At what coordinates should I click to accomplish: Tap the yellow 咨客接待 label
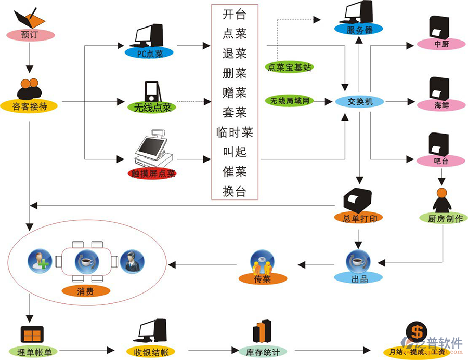pos(29,106)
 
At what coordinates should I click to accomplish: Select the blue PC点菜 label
pos(150,53)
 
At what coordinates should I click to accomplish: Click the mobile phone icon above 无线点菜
pos(152,92)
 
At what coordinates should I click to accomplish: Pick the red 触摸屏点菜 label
pos(152,174)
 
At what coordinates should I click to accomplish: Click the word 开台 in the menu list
pos(234,14)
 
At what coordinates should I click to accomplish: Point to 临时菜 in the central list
pos(235,132)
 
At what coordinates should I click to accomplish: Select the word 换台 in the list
pos(234,191)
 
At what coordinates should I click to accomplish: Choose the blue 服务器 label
pos(359,30)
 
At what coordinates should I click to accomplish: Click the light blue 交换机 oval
pos(360,102)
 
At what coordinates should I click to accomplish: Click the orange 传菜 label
pos(263,279)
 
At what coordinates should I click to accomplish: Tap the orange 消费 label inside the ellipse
pos(85,291)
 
